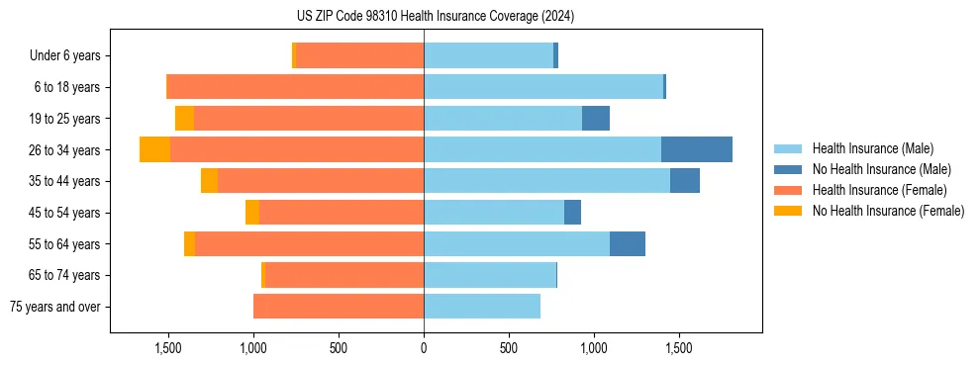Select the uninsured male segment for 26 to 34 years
pyautogui.click(x=697, y=149)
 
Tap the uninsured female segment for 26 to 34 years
pyautogui.click(x=154, y=149)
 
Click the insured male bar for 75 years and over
pyautogui.click(x=482, y=307)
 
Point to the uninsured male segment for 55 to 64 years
pyautogui.click(x=628, y=244)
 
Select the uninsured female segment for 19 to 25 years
pyautogui.click(x=184, y=119)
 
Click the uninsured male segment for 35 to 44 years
pyautogui.click(x=685, y=181)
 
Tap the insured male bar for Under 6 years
pyautogui.click(x=488, y=55)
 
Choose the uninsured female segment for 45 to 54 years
pyautogui.click(x=252, y=213)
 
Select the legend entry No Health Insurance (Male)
pyautogui.click(x=881, y=169)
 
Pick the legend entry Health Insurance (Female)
pyautogui.click(x=878, y=190)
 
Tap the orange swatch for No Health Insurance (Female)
pyautogui.click(x=789, y=211)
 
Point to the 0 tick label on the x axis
pyautogui.click(x=424, y=348)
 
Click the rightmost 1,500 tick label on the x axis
pyautogui.click(x=679, y=348)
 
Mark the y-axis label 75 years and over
pyautogui.click(x=55, y=307)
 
